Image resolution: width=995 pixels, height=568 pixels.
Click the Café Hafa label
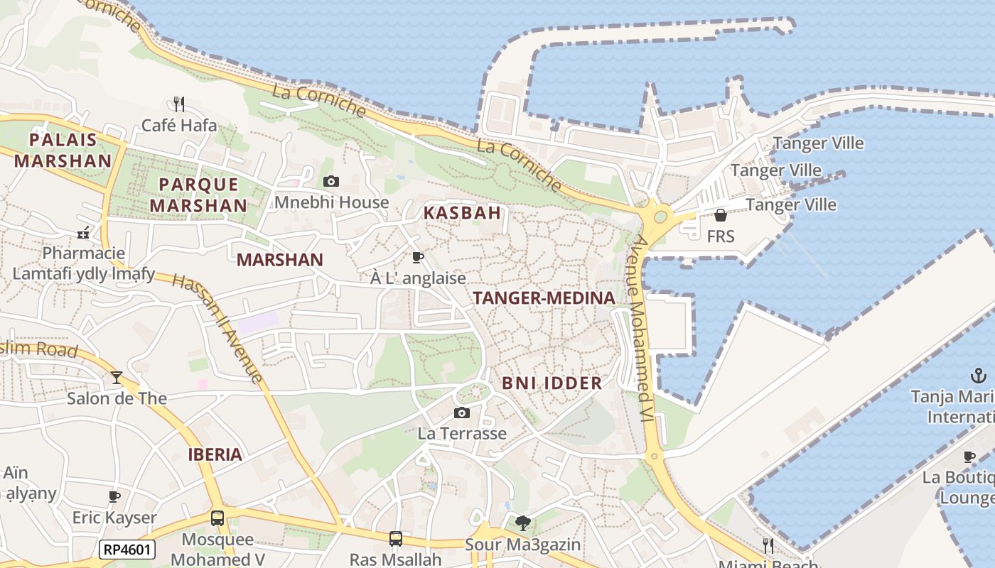point(179,126)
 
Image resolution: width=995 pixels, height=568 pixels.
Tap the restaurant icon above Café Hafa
point(179,104)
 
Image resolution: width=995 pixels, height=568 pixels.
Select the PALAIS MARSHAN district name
point(63,150)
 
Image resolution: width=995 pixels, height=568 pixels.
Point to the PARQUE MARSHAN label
point(203,195)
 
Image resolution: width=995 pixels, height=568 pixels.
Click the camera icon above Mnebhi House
point(330,182)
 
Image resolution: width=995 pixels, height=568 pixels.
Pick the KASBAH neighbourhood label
point(462,212)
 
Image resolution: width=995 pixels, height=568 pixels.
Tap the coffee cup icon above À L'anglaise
point(418,257)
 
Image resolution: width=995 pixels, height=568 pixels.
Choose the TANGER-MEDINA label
point(544,298)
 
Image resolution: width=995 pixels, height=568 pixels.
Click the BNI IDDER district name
point(552,383)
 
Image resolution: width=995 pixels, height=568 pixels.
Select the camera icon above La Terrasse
point(462,413)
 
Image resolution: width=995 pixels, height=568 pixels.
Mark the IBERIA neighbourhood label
point(215,454)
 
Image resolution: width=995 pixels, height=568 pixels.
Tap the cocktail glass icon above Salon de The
point(117,377)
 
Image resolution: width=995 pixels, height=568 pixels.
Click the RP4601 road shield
point(127,549)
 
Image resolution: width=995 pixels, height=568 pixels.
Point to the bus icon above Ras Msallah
point(396,539)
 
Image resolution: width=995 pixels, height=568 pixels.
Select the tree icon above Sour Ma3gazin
point(522,523)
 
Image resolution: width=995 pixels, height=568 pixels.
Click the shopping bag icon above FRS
point(721,215)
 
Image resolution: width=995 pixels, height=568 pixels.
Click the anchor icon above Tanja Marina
point(978,376)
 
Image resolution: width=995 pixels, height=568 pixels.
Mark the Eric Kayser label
point(114,518)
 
